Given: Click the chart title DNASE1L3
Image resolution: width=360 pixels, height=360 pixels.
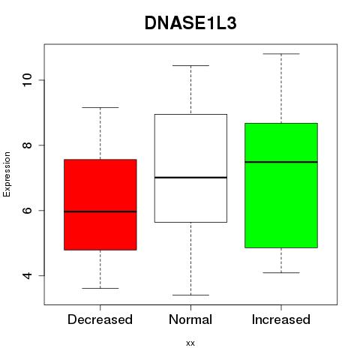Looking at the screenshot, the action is pos(190,23).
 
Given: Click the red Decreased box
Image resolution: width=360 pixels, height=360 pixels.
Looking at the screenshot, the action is pos(100,205).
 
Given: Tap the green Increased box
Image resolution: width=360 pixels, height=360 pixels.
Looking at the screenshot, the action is pos(281,185).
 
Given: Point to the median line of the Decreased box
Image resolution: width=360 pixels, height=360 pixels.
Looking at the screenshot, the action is pos(100,211).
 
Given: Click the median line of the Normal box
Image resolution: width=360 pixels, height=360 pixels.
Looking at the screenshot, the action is pos(190,178).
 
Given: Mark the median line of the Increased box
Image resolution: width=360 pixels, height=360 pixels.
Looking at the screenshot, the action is pos(281,162).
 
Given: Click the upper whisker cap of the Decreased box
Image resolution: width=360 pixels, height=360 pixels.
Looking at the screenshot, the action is pos(100,107).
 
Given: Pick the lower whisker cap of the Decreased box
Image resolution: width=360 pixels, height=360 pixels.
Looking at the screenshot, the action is pos(100,288).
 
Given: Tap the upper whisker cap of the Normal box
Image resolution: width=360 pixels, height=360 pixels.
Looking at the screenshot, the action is pos(190,65).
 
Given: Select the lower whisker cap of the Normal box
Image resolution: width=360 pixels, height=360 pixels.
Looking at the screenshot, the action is pos(190,295).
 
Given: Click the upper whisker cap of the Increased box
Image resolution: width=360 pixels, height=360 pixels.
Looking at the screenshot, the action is pos(281,54).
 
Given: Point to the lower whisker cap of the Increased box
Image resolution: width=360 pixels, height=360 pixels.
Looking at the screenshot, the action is pos(281,272).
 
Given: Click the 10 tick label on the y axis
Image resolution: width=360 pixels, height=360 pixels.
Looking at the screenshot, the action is pos(27,80).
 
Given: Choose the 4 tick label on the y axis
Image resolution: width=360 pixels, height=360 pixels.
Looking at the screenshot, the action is pos(27,275).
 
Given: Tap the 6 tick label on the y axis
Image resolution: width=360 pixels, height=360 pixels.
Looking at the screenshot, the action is pos(27,210).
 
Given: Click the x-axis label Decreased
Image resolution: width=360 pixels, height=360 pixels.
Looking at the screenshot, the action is pos(100,319).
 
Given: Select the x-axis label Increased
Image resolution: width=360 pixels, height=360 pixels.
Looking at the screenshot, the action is pos(281,319).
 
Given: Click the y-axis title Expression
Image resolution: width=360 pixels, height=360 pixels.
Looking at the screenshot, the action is pos(7,174).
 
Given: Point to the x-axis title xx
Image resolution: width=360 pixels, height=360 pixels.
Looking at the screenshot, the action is pos(190,343).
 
